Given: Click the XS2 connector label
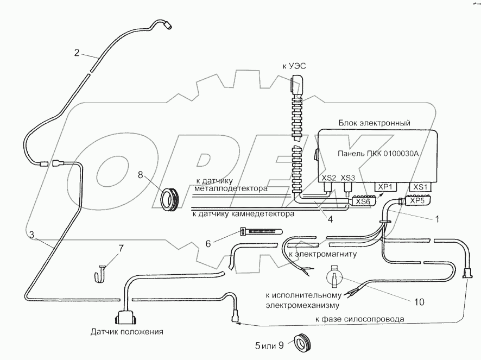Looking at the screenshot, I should click(328, 177).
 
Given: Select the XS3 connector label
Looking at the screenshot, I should click(347, 177).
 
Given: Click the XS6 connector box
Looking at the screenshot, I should click(362, 201).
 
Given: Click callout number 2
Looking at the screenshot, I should click(77, 53).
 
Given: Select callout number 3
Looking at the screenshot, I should click(32, 235).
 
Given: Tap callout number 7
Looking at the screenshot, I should click(121, 249).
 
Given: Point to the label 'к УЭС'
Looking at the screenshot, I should click(294, 66).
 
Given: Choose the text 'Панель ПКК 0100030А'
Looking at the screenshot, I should click(378, 153).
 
